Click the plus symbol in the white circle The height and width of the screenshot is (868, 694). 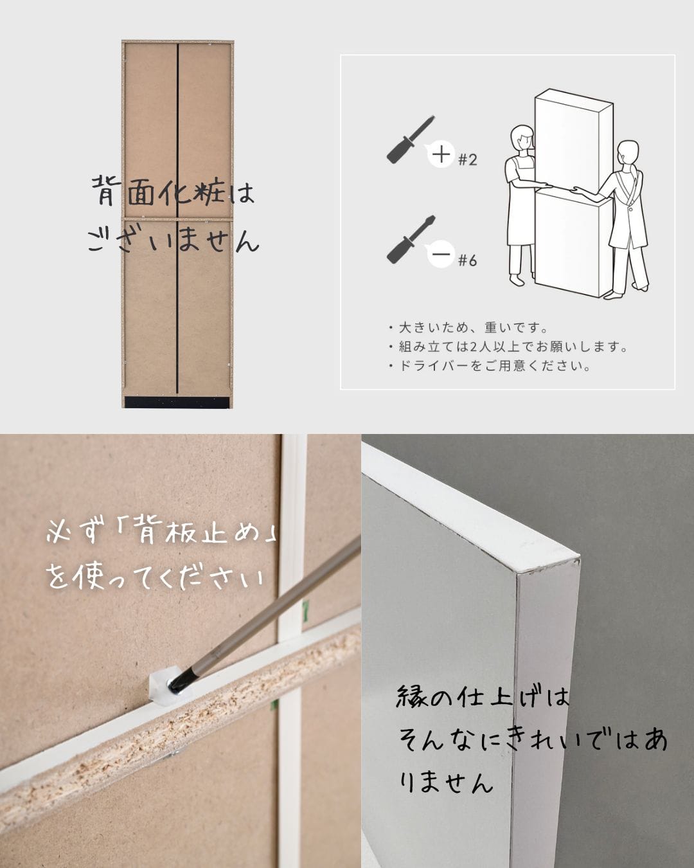(x=441, y=154)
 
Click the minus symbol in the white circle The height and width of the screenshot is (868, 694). (x=441, y=255)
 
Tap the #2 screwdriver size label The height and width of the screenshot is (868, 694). (x=468, y=159)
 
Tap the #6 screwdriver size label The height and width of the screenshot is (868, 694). (x=468, y=260)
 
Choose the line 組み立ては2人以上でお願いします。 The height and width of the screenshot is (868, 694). (x=508, y=347)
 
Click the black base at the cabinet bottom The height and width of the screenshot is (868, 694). (x=177, y=401)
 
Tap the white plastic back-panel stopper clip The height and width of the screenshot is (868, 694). (x=161, y=687)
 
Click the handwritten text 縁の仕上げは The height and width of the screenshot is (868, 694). (x=483, y=698)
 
